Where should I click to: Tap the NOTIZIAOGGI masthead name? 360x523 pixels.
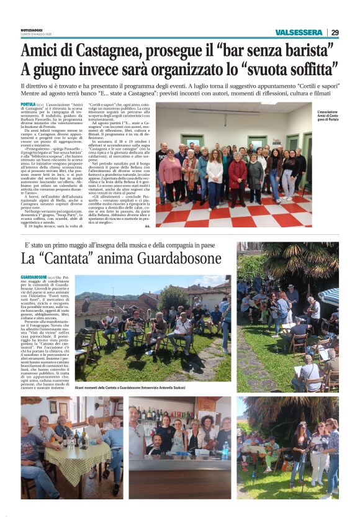point(30,29)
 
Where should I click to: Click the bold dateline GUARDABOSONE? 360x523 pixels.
point(34,276)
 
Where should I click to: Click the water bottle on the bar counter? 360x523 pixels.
point(225,450)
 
